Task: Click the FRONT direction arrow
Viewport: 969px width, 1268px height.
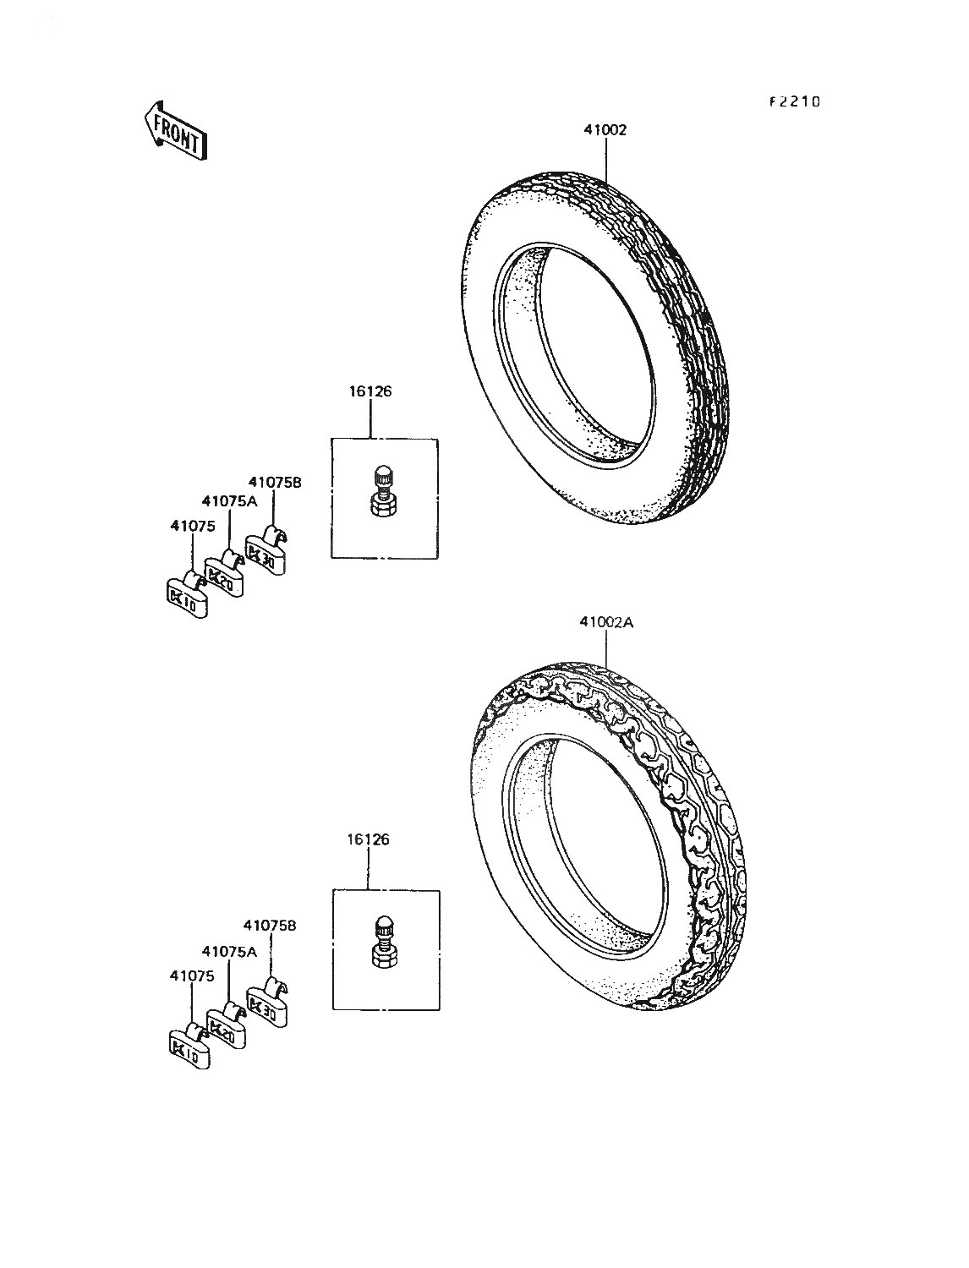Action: click(175, 130)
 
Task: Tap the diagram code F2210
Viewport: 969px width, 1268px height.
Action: click(795, 101)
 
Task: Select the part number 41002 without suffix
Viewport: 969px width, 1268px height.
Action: click(605, 130)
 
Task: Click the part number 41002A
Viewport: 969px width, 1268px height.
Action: click(607, 623)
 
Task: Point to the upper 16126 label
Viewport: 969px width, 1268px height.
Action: click(370, 391)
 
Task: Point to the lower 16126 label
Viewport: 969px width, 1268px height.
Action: click(368, 840)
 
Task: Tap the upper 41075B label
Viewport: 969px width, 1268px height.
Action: click(275, 483)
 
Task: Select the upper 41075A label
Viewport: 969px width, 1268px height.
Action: click(229, 501)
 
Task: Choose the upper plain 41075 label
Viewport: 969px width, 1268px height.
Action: click(193, 527)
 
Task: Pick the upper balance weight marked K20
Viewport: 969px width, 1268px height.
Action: click(226, 574)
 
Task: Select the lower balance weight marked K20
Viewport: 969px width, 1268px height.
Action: click(227, 1025)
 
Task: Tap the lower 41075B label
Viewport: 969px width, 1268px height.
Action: click(270, 926)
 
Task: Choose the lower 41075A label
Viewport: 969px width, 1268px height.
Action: click(229, 951)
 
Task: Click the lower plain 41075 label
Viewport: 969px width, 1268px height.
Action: click(192, 976)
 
